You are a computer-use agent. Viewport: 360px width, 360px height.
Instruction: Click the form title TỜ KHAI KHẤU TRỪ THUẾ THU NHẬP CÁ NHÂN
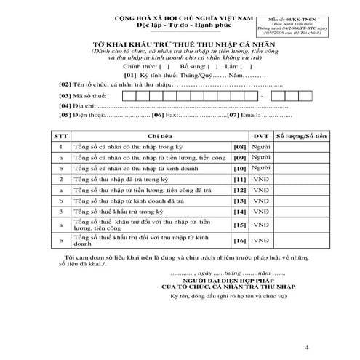pyautogui.click(x=180, y=44)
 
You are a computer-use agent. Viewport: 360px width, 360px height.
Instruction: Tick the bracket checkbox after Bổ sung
pyautogui.click(x=217, y=65)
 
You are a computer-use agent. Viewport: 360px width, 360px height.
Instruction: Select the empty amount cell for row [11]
pyautogui.click(x=299, y=178)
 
